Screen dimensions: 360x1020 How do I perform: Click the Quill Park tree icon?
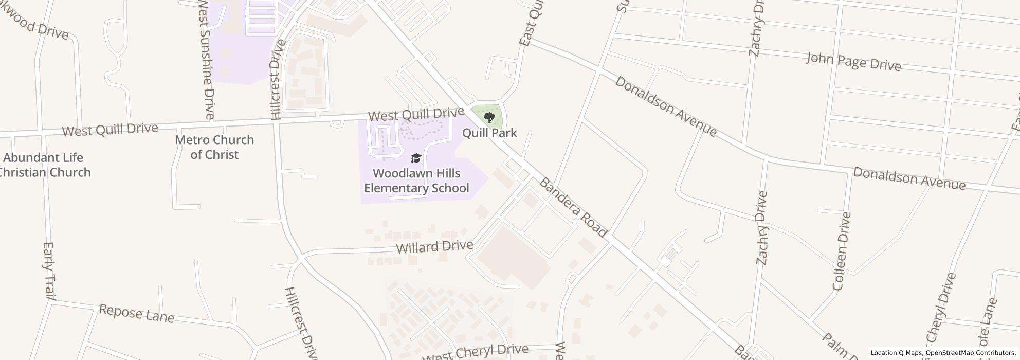(x=489, y=118)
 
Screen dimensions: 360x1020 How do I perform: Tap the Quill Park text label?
(x=489, y=133)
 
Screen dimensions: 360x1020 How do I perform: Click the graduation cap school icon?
(x=416, y=158)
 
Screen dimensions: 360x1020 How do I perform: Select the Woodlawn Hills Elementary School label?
(x=416, y=181)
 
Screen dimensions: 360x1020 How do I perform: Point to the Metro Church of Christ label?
(x=214, y=147)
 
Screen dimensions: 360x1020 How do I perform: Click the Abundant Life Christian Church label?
(x=44, y=165)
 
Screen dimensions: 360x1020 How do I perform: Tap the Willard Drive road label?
(x=434, y=247)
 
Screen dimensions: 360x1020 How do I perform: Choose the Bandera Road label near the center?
(x=574, y=207)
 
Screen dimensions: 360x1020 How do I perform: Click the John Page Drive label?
(x=853, y=62)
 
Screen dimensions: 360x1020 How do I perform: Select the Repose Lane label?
(x=136, y=313)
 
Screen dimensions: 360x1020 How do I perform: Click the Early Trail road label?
(x=49, y=271)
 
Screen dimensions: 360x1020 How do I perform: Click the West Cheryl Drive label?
(x=476, y=352)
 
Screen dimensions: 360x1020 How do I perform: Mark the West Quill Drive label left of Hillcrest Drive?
(x=110, y=129)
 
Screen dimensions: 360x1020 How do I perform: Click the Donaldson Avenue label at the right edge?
(x=909, y=178)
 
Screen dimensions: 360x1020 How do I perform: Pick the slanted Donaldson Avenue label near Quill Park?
(x=666, y=106)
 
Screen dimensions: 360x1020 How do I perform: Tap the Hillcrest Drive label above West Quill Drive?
(x=276, y=80)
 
